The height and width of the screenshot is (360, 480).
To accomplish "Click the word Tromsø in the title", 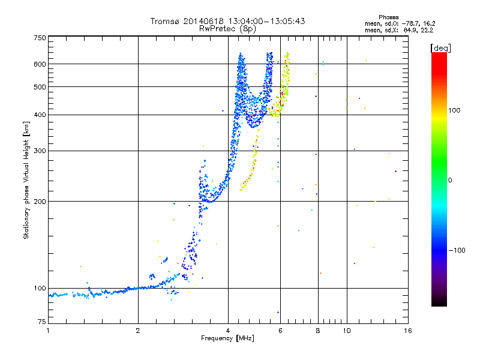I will (165, 21).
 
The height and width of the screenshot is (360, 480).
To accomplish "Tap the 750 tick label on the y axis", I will (40, 38).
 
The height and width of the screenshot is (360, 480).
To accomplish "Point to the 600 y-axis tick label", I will (40, 64).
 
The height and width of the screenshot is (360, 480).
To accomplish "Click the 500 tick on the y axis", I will (40, 86).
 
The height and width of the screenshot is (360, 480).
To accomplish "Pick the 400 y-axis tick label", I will (40, 115).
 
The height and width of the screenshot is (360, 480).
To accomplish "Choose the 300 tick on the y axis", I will (40, 151).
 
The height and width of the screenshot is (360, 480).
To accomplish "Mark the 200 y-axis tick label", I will (40, 201).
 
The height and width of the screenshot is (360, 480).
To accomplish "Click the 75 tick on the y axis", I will (41, 324).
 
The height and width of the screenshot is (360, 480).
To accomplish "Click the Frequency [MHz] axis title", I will (227, 339).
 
